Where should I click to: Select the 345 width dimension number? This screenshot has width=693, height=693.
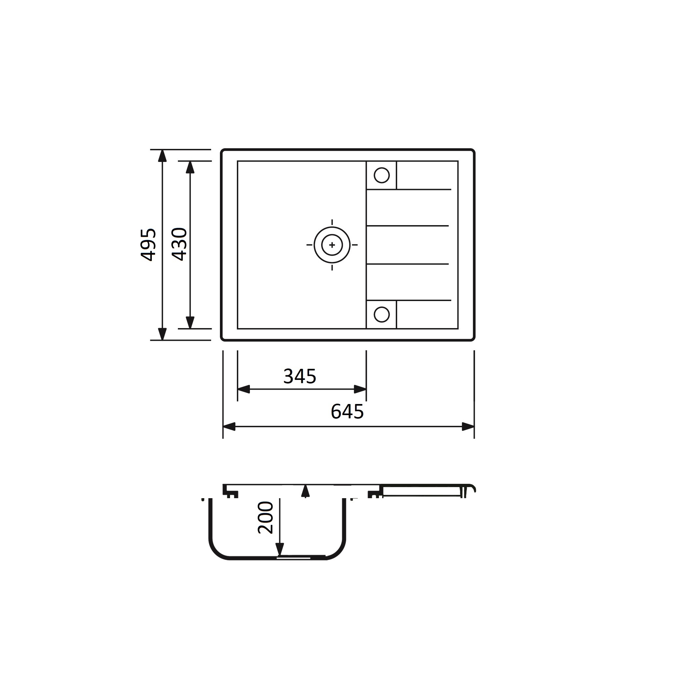coord(299,376)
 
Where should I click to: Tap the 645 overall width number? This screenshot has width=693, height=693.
coord(347,411)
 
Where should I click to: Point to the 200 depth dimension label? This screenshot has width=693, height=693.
coord(266,518)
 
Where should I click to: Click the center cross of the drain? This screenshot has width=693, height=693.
coord(332,245)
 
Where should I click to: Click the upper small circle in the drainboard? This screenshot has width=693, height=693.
coord(382,175)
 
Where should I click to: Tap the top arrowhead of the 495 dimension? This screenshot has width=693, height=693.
coord(163,156)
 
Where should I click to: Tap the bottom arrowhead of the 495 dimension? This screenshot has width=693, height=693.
coord(163,334)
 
